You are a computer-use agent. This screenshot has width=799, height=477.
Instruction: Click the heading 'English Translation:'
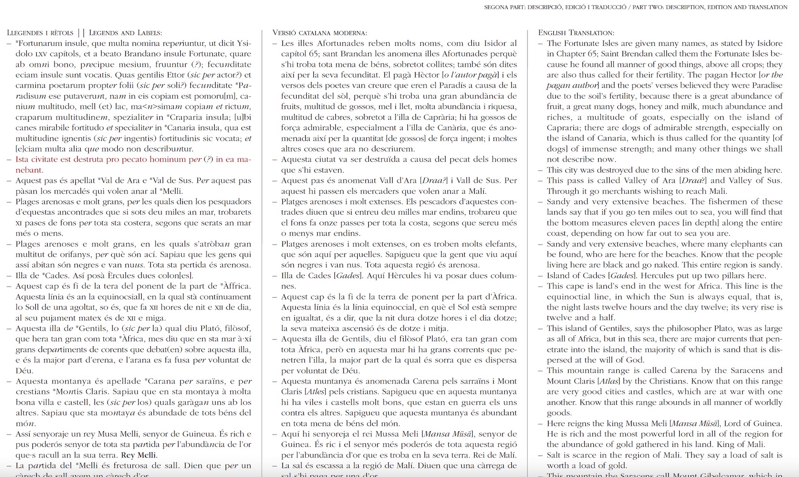click(x=576, y=33)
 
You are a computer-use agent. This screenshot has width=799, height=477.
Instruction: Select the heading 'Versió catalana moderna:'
click(x=320, y=33)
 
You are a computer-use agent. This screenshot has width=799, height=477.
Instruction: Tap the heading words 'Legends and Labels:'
click(x=125, y=33)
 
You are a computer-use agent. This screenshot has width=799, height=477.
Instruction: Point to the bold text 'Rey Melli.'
click(x=138, y=455)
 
